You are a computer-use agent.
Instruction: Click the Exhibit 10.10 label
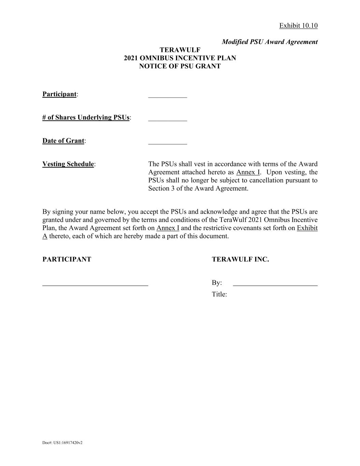point(298,26)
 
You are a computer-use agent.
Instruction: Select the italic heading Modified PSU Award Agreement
point(270,42)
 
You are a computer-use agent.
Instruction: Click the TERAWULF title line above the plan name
point(180,50)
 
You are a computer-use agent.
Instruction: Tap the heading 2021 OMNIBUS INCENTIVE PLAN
point(180,58)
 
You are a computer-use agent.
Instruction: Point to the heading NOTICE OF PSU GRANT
point(180,66)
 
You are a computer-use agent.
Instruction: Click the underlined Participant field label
point(59,94)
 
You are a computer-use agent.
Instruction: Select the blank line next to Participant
point(168,97)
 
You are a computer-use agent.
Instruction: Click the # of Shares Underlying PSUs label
point(86,117)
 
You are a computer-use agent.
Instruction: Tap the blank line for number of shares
point(168,120)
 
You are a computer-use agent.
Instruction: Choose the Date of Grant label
point(63,141)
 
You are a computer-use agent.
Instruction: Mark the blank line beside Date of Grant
point(168,143)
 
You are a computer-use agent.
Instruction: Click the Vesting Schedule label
point(68,164)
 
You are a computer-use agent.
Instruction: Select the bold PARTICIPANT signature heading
point(67,259)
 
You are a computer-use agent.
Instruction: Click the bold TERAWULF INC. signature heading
point(240,259)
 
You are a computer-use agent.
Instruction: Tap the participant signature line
point(95,284)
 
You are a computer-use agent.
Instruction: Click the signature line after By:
point(275,284)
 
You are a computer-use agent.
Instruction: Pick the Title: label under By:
point(219,294)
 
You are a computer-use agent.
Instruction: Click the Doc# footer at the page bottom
point(62,443)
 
